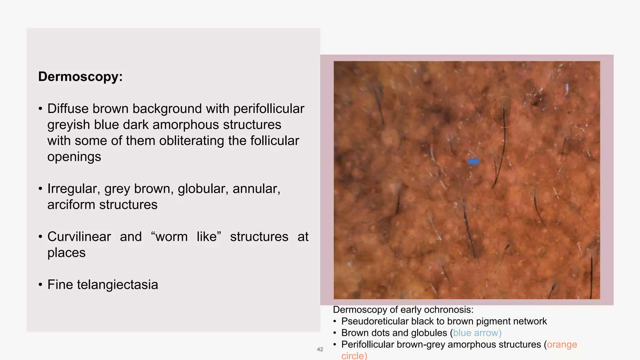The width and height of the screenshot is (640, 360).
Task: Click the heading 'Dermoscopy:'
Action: [x=80, y=77]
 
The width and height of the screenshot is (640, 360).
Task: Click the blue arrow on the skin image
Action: [x=474, y=162]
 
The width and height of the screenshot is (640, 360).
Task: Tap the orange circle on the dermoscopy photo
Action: [x=505, y=112]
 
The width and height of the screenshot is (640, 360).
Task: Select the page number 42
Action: [x=320, y=349]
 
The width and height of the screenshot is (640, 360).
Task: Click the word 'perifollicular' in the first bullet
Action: [x=268, y=109]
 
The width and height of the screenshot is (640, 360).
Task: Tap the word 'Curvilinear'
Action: [x=79, y=237]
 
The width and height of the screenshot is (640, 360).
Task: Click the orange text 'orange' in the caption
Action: [x=562, y=344]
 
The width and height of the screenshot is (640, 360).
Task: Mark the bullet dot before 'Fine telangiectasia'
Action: [x=40, y=285]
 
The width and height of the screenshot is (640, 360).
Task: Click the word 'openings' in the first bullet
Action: [x=74, y=157]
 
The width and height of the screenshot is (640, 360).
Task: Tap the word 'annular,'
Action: [x=256, y=189]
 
